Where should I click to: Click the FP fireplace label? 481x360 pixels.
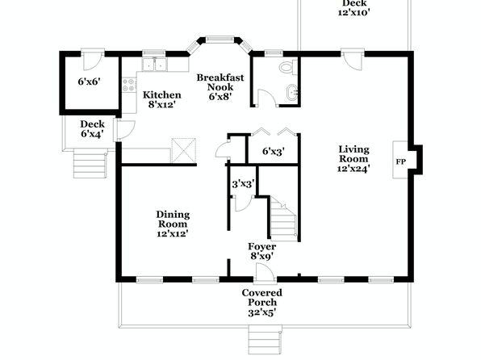(x=400, y=161)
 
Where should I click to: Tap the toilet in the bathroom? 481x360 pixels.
(x=288, y=67)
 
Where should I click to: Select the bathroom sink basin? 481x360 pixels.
(x=291, y=92)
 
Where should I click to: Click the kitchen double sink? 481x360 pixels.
(x=154, y=65)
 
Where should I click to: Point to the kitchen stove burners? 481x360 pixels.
(x=129, y=85)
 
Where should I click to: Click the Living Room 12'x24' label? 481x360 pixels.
(x=353, y=159)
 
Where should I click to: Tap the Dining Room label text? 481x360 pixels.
(x=173, y=219)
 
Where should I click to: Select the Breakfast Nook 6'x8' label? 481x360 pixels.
(x=220, y=87)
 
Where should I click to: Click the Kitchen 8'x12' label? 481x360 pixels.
(x=162, y=100)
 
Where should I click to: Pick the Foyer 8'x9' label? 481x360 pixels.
(x=262, y=251)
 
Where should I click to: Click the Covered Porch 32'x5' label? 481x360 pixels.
(x=262, y=303)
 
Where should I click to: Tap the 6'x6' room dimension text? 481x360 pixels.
(x=90, y=82)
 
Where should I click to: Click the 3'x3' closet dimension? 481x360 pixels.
(x=244, y=184)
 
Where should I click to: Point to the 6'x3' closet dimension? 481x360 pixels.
(x=274, y=151)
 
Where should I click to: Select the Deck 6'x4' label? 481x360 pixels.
(x=92, y=129)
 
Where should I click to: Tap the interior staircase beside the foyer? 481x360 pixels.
(x=284, y=218)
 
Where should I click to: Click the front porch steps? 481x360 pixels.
(x=265, y=341)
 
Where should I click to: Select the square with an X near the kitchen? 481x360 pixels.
(x=183, y=150)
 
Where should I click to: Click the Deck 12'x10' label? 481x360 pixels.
(x=354, y=8)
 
